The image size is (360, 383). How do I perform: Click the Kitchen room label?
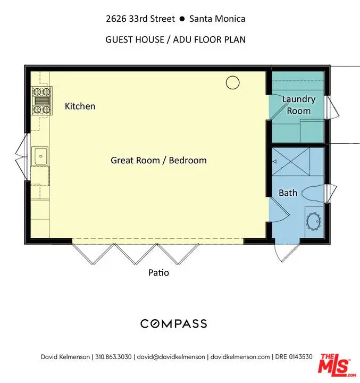(x=80, y=106)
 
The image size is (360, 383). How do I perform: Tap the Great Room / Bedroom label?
(x=159, y=161)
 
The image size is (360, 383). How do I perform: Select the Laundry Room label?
(x=299, y=105)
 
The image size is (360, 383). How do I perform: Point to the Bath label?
(x=288, y=193)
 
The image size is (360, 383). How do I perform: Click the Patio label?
(x=158, y=272)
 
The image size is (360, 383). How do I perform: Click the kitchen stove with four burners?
(x=42, y=101)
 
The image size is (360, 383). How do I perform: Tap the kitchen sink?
(x=40, y=156)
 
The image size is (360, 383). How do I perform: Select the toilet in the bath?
(x=313, y=193)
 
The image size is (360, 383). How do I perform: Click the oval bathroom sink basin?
(x=314, y=221)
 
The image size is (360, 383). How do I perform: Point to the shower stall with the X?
(x=291, y=162)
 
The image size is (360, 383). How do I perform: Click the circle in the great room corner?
(x=232, y=82)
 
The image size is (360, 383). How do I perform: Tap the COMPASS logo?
(x=174, y=323)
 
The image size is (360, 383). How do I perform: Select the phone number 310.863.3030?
(x=113, y=357)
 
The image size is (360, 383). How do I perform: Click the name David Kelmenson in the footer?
(x=65, y=357)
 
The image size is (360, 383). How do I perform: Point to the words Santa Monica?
(x=217, y=19)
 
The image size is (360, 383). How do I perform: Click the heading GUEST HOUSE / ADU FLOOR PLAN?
(x=175, y=39)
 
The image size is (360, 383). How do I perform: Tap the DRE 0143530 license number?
(x=294, y=357)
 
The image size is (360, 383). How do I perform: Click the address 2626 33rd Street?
(x=140, y=19)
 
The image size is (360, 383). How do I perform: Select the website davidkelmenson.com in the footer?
(x=240, y=357)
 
